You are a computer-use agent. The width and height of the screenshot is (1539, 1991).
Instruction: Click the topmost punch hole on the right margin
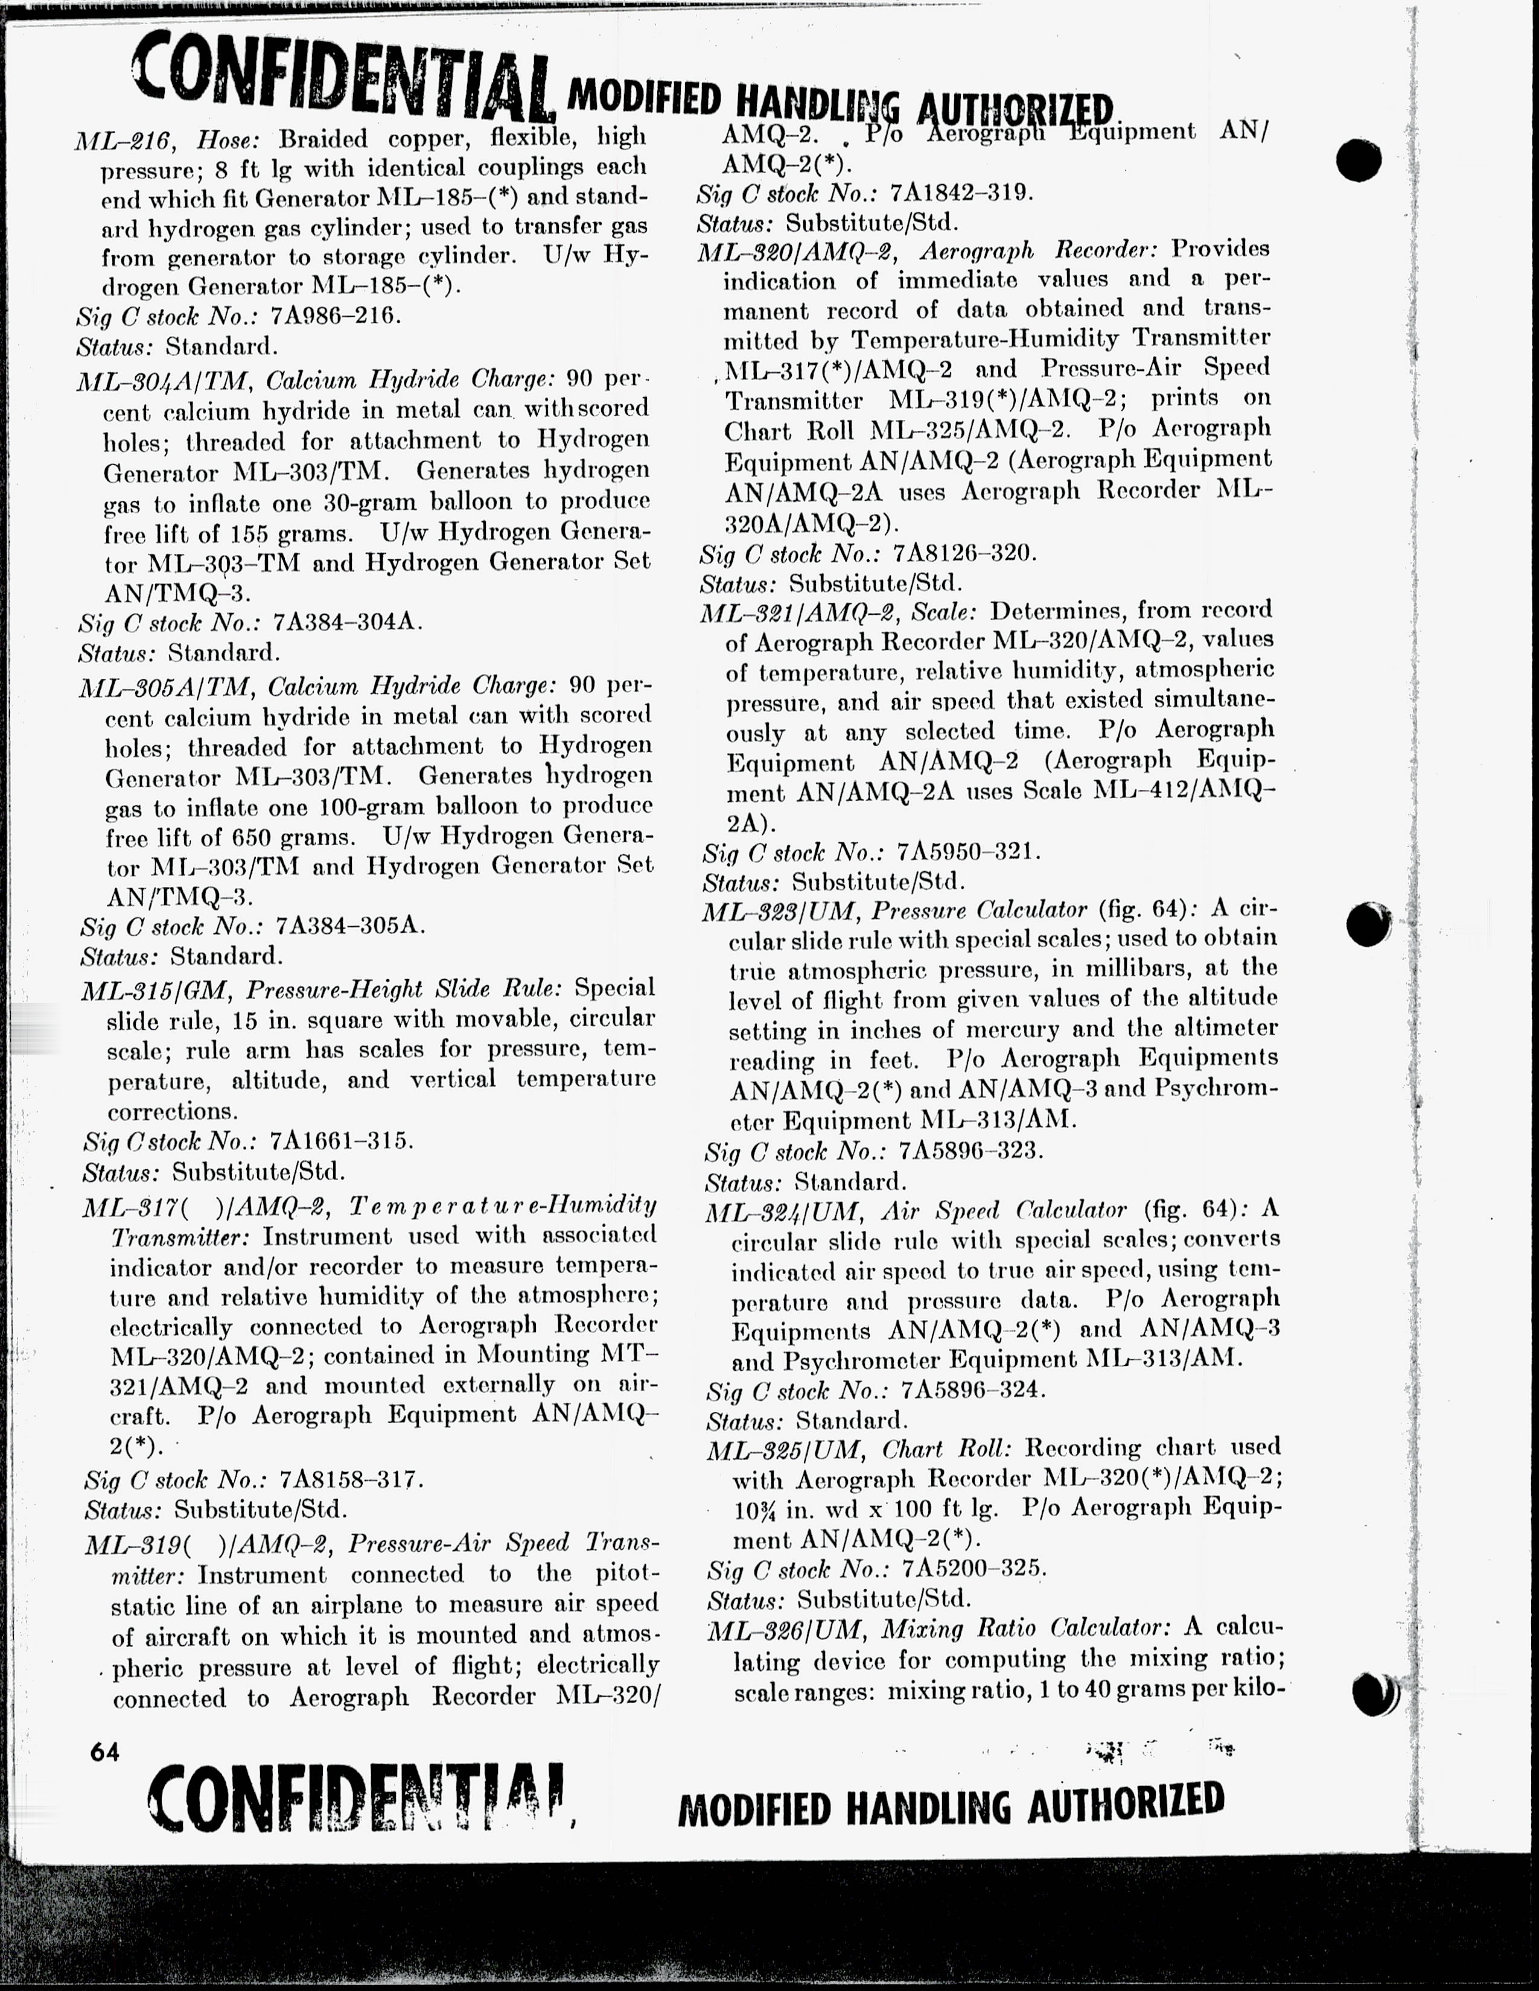(x=1359, y=159)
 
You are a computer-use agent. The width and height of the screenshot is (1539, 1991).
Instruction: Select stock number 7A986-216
(x=336, y=316)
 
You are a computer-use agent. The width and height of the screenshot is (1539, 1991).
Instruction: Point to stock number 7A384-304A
(x=348, y=623)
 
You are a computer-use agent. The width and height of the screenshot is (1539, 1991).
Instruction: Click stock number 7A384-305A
(x=349, y=926)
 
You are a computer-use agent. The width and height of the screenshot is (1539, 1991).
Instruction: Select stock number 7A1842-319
(x=960, y=193)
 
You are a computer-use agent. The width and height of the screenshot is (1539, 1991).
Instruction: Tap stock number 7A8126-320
(x=964, y=553)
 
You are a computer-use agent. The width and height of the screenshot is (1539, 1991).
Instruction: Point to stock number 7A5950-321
(x=967, y=853)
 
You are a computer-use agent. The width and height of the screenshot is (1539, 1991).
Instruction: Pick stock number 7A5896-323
(x=970, y=1151)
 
